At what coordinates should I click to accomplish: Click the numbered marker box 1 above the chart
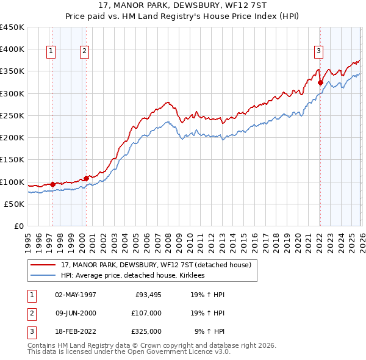coord(51,51)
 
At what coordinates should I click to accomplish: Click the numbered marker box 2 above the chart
coord(84,51)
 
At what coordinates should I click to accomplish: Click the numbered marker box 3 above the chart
coord(318,51)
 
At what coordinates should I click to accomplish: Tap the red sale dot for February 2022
coord(320,82)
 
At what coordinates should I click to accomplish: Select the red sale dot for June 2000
coord(86,178)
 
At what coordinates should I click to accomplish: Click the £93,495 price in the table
coord(146,295)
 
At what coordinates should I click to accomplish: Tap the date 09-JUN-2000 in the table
coord(76,313)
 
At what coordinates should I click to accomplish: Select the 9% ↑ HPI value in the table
coord(210,331)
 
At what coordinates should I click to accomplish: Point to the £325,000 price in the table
coord(146,331)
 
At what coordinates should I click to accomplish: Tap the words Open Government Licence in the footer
coord(181,352)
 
